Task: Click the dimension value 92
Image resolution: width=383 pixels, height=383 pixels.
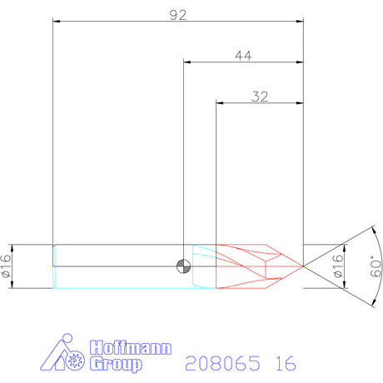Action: [x=177, y=14]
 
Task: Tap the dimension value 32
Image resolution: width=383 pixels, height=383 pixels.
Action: [x=259, y=96]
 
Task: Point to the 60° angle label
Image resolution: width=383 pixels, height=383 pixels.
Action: [x=376, y=267]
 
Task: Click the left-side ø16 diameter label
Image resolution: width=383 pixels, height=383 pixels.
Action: [x=7, y=267]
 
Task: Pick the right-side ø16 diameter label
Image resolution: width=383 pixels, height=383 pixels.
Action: [x=337, y=267]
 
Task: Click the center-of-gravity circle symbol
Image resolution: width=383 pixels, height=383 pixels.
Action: [x=182, y=266]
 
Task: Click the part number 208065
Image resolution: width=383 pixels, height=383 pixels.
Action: [x=223, y=363]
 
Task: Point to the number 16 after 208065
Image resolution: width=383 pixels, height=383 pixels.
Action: [x=284, y=363]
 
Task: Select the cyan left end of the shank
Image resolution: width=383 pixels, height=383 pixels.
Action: [x=55, y=266]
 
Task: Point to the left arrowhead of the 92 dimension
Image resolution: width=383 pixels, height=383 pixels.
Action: [x=56, y=22]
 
